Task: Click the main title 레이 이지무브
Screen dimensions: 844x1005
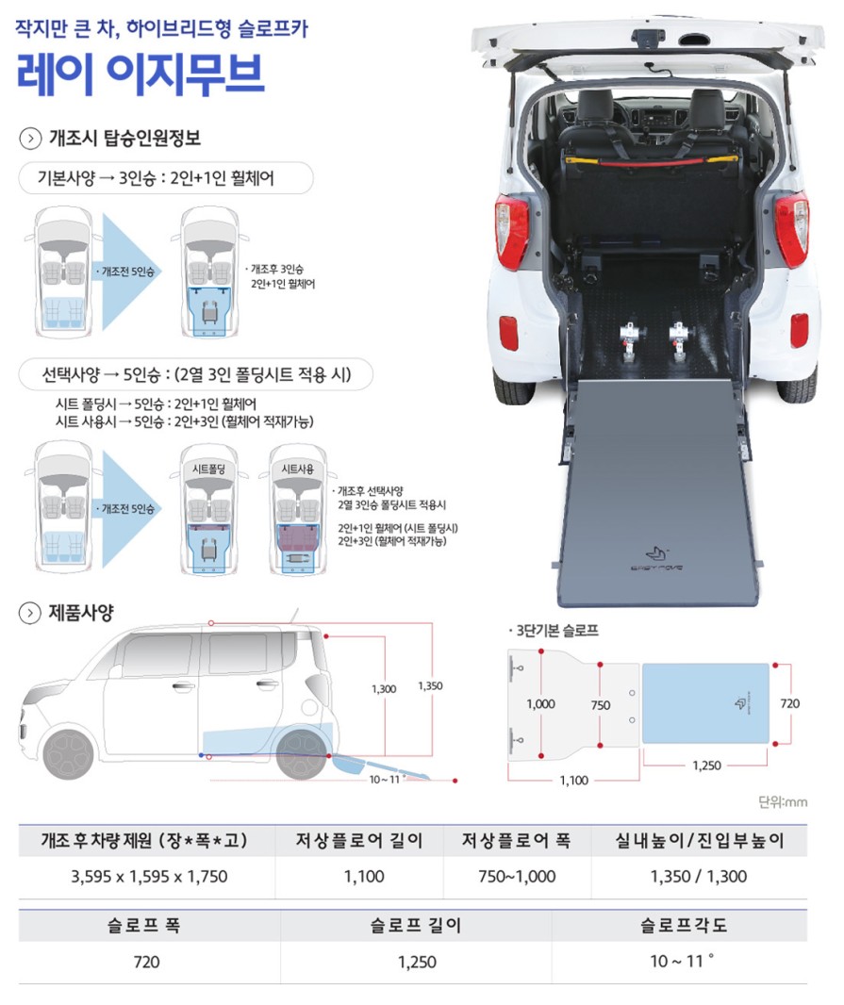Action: [140, 74]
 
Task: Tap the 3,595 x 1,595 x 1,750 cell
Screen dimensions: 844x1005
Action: [149, 876]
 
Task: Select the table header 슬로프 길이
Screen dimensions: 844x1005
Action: [416, 925]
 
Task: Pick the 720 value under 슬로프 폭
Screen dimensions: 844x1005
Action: [146, 962]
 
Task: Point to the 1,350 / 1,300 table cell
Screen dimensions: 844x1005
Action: [699, 876]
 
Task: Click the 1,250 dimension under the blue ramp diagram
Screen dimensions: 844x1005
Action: [706, 766]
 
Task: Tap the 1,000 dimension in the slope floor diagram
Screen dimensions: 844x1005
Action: [540, 703]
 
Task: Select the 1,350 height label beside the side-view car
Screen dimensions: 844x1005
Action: [430, 685]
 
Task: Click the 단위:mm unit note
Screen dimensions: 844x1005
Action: [783, 801]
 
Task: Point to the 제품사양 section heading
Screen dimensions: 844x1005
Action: [81, 612]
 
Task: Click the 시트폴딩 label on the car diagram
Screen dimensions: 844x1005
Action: [209, 470]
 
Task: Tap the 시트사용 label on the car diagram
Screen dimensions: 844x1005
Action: [298, 470]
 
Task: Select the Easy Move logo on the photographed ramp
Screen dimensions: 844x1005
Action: [656, 557]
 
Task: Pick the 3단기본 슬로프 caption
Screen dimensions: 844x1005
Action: [556, 631]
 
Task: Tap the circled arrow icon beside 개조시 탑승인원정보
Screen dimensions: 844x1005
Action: [30, 139]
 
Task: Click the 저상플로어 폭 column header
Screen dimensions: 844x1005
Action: [516, 840]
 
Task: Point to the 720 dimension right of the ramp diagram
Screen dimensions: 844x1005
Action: [789, 703]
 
